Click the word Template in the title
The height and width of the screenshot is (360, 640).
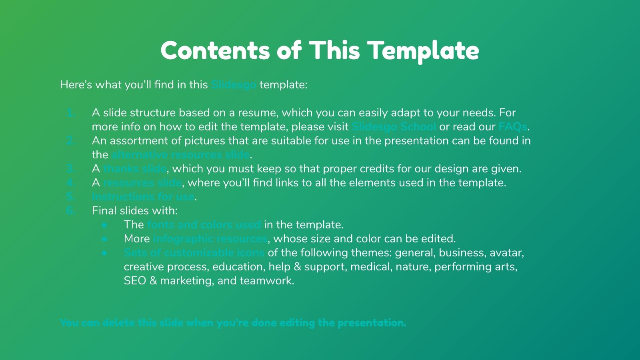[423, 51]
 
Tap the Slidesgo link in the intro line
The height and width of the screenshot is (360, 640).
[234, 85]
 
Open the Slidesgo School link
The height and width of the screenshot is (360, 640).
[394, 127]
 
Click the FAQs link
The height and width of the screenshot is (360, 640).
[513, 127]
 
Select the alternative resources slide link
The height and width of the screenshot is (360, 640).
[180, 155]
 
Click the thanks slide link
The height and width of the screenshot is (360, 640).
[135, 169]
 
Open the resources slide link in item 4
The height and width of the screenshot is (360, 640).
[142, 183]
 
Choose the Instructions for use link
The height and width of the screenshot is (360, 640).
[143, 197]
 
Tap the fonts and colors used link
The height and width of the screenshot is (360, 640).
[204, 225]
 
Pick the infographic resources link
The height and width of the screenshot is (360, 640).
[210, 239]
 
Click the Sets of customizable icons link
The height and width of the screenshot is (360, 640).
[194, 253]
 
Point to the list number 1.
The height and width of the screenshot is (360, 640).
[71, 113]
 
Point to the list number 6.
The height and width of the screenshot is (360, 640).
[71, 211]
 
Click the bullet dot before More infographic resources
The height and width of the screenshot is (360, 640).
[104, 239]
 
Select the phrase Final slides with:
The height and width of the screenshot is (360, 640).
[134, 211]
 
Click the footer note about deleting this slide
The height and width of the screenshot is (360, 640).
[233, 323]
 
